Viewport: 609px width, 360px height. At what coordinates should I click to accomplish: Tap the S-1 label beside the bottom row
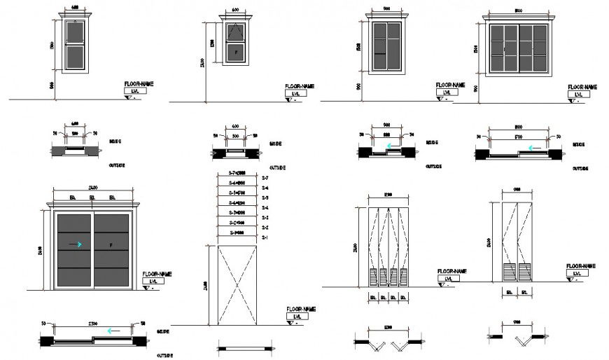pos(265,239)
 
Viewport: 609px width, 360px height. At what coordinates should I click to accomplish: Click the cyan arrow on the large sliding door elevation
pos(78,244)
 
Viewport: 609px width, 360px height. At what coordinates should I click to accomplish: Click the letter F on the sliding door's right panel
pos(112,244)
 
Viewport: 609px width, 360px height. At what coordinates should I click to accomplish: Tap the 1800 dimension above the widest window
pos(519,11)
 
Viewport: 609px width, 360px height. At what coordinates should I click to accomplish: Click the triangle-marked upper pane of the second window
pos(237,32)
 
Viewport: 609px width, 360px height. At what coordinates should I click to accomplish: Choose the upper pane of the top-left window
pos(74,34)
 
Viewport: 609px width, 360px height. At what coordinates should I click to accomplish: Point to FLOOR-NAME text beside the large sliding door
pos(157,274)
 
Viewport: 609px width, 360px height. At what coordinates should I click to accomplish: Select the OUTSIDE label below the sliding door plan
pos(165,355)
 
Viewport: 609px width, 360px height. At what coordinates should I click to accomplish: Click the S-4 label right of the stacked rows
pos(265,208)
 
